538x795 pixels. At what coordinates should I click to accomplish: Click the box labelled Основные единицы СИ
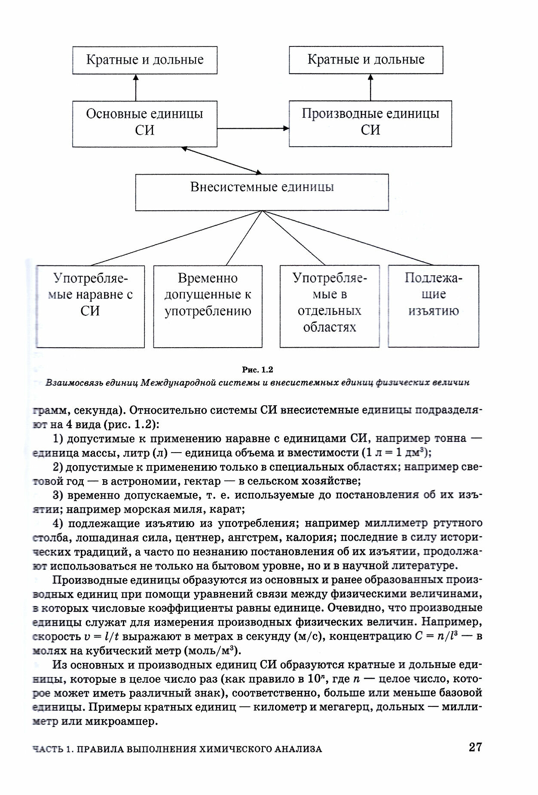(x=144, y=123)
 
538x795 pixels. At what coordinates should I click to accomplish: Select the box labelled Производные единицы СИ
(x=370, y=123)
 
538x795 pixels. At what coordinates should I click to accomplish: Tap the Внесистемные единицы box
(x=262, y=192)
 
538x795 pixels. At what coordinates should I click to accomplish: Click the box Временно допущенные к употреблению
(x=208, y=306)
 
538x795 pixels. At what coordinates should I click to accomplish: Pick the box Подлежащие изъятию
(x=433, y=306)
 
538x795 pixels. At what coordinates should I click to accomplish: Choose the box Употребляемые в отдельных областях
(x=330, y=306)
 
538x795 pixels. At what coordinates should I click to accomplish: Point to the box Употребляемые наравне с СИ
(x=90, y=306)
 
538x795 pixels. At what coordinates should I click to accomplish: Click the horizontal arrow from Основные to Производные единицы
(x=253, y=128)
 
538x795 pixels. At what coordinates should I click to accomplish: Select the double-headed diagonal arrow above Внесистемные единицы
(x=221, y=160)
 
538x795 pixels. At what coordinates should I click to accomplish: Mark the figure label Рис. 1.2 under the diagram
(x=257, y=370)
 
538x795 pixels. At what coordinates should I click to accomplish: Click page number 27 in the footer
(x=475, y=747)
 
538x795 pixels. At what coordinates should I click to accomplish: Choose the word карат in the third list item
(x=229, y=509)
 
